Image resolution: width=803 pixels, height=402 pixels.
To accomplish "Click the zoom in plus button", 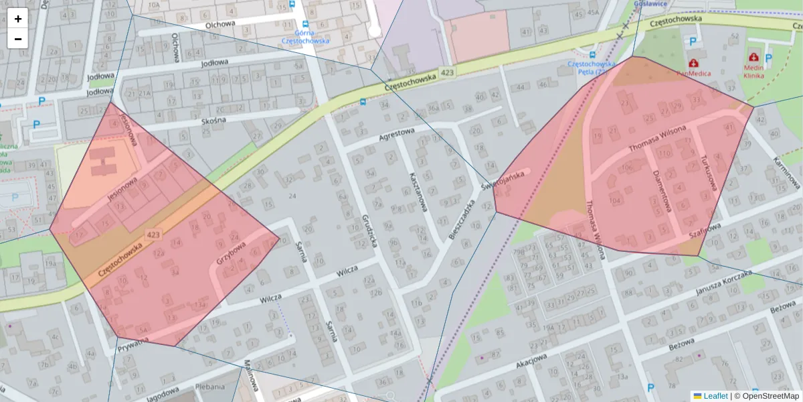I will click(18, 19).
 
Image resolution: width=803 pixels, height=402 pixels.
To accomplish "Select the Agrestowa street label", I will click(397, 134).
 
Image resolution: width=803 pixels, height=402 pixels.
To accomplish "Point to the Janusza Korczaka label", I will click(723, 282).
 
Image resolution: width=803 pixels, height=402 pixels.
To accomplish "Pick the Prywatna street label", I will click(132, 347).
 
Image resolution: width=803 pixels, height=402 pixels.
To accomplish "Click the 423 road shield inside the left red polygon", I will click(153, 234).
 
